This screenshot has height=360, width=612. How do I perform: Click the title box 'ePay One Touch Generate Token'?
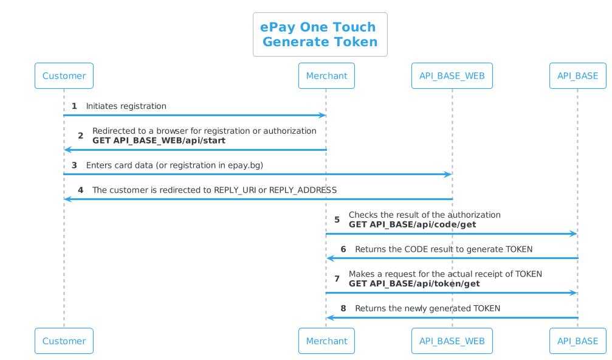point(320,35)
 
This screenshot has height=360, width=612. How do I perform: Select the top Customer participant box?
point(64,76)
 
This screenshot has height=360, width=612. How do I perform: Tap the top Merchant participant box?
point(326,76)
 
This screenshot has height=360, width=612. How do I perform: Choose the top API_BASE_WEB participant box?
point(452,76)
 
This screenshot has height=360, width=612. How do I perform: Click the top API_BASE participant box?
point(577,76)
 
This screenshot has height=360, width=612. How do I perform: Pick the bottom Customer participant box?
point(64,341)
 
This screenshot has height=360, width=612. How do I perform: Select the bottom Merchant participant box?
point(326,341)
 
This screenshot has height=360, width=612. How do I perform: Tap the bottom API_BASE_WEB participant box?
point(452,341)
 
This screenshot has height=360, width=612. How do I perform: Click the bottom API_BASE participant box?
point(577,341)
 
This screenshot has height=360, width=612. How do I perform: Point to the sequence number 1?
point(74,106)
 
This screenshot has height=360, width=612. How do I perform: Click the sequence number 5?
point(337,220)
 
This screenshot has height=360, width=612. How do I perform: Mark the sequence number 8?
point(343,308)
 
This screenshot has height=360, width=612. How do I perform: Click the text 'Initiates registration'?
point(126,106)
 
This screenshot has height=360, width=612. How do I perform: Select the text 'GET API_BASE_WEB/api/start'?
point(159,140)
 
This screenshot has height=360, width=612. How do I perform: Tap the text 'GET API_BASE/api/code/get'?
point(412,224)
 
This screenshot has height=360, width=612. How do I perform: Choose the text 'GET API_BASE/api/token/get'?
point(414,283)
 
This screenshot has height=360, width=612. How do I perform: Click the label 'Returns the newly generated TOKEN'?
point(427,308)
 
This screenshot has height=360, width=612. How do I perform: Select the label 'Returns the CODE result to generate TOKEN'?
point(444,249)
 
